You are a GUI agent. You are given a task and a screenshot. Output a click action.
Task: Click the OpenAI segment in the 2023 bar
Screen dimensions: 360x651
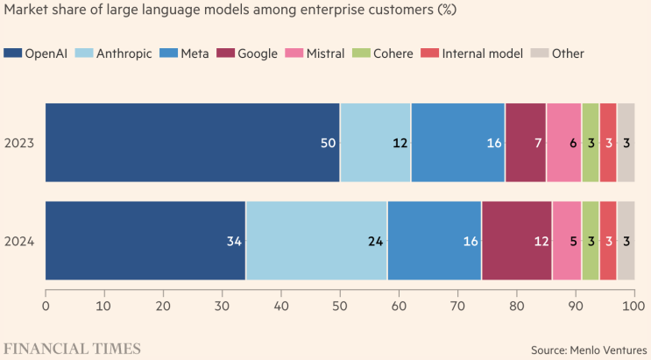click(192, 142)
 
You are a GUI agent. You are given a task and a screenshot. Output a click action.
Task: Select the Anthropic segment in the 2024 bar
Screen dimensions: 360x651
click(316, 240)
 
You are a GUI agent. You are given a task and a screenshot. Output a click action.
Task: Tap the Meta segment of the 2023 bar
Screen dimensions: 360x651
click(457, 142)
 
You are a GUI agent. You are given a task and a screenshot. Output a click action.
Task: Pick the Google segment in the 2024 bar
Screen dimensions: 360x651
click(517, 240)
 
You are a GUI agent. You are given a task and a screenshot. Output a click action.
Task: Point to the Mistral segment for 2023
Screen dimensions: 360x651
click(563, 142)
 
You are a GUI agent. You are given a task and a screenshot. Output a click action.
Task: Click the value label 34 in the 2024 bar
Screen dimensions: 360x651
click(233, 241)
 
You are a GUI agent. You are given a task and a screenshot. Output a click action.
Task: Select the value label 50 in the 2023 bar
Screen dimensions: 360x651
click(329, 143)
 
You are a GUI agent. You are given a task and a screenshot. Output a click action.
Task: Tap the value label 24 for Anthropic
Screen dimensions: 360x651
click(375, 241)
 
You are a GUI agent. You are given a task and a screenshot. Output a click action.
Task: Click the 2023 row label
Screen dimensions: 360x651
click(19, 143)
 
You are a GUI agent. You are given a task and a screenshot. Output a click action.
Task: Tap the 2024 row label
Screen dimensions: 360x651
click(19, 241)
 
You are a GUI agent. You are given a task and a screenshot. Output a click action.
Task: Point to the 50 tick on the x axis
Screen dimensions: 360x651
click(340, 307)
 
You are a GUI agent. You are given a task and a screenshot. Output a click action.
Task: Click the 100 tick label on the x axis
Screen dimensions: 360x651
click(633, 307)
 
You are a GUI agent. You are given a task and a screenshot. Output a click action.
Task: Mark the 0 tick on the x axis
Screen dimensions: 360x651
click(46, 307)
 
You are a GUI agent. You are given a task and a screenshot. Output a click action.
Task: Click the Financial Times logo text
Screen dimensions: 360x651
click(74, 349)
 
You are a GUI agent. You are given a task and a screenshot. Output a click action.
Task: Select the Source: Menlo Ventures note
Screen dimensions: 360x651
click(589, 349)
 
